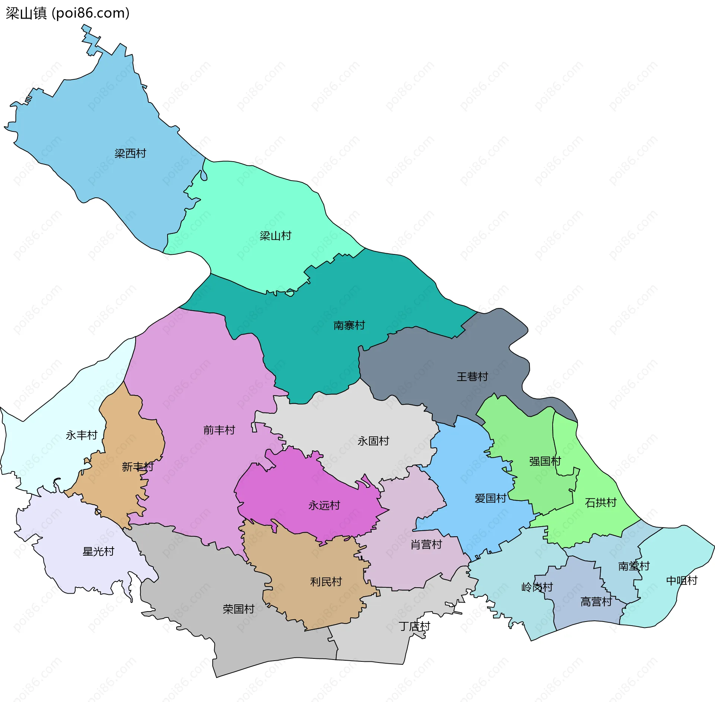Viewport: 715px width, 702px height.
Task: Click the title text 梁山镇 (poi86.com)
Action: (x=67, y=13)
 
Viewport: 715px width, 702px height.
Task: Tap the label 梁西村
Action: (x=130, y=153)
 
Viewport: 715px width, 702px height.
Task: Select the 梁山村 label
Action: (x=275, y=236)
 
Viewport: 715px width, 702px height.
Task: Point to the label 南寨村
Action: (x=349, y=325)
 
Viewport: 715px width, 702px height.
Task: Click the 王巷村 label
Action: (x=472, y=377)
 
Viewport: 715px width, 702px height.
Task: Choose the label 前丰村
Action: (x=219, y=430)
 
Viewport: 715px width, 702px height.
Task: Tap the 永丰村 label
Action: (x=81, y=435)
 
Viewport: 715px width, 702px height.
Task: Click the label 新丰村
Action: (x=137, y=467)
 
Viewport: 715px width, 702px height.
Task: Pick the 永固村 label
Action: (x=373, y=441)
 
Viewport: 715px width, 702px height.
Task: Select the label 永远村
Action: (x=324, y=505)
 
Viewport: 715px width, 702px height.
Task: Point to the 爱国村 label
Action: (x=490, y=498)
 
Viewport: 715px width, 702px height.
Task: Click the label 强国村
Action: (x=545, y=461)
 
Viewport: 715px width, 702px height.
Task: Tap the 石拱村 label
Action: (x=600, y=503)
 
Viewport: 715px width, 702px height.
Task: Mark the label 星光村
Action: (x=98, y=552)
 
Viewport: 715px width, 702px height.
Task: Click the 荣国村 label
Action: (x=238, y=609)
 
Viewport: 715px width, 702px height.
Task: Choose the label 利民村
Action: (x=326, y=582)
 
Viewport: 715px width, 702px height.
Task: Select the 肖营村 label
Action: (x=426, y=545)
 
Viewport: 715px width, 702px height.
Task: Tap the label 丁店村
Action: (x=414, y=626)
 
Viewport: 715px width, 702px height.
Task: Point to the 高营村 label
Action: (x=596, y=602)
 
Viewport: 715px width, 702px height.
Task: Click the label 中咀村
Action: (x=681, y=581)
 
